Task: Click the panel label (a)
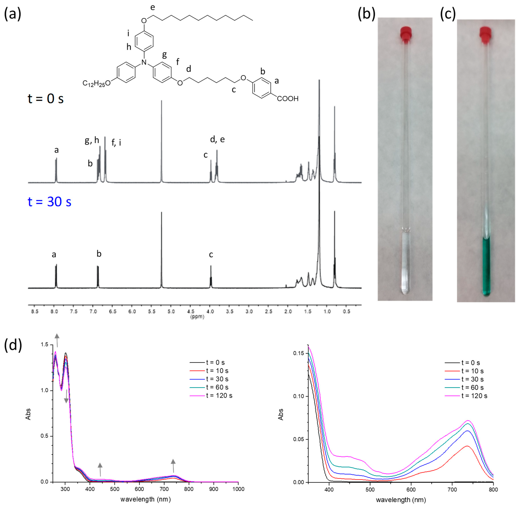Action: click(13, 14)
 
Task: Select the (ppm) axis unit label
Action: click(197, 317)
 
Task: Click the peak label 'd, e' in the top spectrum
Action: click(217, 139)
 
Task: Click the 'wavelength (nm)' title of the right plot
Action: click(401, 500)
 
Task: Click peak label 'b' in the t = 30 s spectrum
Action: click(99, 254)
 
